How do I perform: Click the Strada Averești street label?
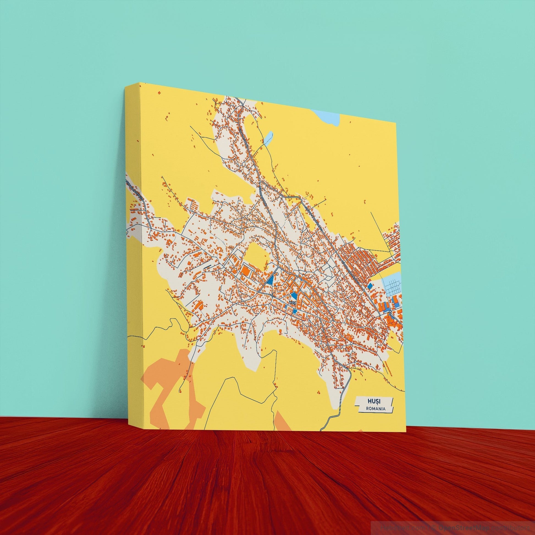tap(135, 190)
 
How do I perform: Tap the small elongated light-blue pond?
tap(268, 139)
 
